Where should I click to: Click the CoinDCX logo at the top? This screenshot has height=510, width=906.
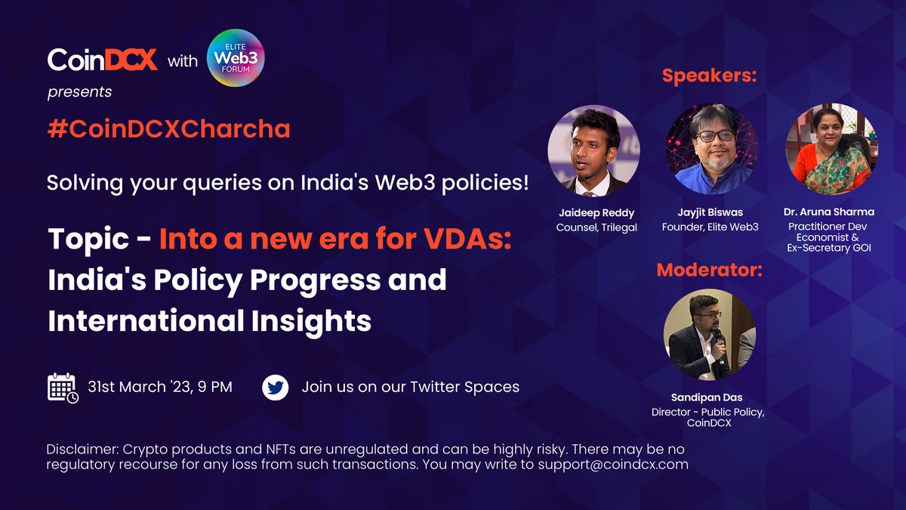point(102,60)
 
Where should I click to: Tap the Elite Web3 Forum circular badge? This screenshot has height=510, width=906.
point(236,59)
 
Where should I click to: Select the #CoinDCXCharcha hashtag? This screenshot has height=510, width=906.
point(168,129)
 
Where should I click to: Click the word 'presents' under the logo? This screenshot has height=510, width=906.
point(79,92)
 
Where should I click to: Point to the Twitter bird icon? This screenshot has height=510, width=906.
point(275,388)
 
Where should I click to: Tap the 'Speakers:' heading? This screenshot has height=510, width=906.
point(710,76)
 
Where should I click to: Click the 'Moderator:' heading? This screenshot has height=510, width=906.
point(709,270)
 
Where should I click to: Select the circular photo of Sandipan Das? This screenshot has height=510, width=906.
point(709,334)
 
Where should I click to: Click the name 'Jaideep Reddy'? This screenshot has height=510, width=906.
point(593,213)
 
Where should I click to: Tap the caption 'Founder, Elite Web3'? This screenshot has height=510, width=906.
point(711,227)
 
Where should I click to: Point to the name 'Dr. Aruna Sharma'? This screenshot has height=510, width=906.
point(830,212)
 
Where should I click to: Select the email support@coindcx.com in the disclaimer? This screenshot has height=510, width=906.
point(612,465)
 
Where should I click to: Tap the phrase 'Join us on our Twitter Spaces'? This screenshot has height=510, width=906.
point(411,387)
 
